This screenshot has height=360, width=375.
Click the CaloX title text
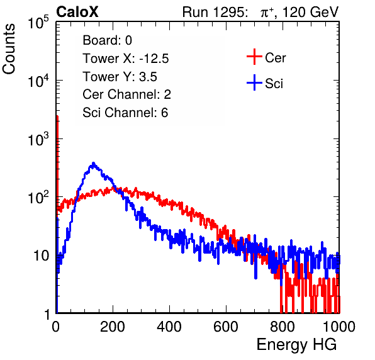[x=77, y=12]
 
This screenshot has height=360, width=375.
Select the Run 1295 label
[x=215, y=12]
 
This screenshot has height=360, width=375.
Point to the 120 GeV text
[x=310, y=12]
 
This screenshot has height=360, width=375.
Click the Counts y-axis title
[x=9, y=49]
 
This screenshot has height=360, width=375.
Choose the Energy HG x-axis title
[x=296, y=345]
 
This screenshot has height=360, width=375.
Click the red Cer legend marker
[x=254, y=57]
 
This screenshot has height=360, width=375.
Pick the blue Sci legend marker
[x=254, y=83]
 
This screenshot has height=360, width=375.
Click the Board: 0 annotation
[x=107, y=40]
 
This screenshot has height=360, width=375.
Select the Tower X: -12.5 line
[x=126, y=59]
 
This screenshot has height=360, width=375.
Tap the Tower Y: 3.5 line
[x=120, y=77]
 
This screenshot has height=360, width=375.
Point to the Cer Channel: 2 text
[x=126, y=94]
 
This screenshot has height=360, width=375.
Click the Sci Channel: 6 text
[x=125, y=113]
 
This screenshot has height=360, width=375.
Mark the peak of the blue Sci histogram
[x=94, y=164]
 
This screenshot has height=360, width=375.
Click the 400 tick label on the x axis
[x=169, y=327]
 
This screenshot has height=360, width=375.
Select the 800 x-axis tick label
[x=283, y=327]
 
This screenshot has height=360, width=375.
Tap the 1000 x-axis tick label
[x=339, y=327]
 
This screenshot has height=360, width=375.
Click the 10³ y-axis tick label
[x=38, y=139]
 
